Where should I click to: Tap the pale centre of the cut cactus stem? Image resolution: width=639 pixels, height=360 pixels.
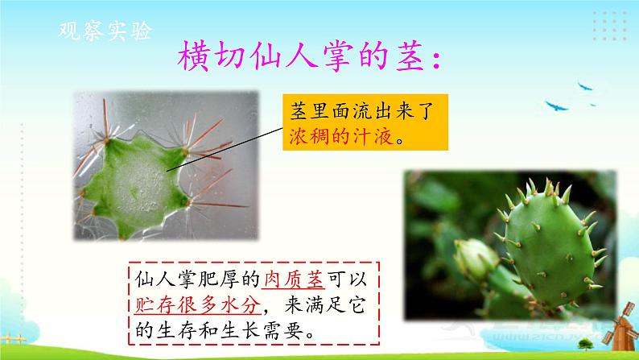pyautogui.click(x=137, y=179)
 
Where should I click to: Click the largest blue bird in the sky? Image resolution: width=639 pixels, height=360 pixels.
pyautogui.click(x=556, y=104)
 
